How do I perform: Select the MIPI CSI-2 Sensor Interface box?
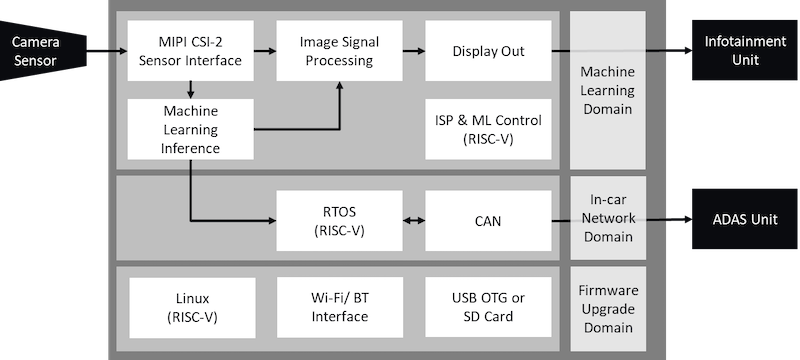189,51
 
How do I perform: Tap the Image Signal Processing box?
337,51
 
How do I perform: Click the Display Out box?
488,51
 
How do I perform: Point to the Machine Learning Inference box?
189,128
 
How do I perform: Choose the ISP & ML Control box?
488,129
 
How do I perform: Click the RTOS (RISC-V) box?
337,221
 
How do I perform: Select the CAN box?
488,221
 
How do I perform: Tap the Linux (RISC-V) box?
189,307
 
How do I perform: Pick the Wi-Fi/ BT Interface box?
337,307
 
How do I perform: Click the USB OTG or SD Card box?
488,307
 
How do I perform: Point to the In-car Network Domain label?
608,220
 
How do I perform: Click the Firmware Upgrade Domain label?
608,308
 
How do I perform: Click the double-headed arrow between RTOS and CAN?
412,221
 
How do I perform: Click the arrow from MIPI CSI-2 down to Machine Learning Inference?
189,90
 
